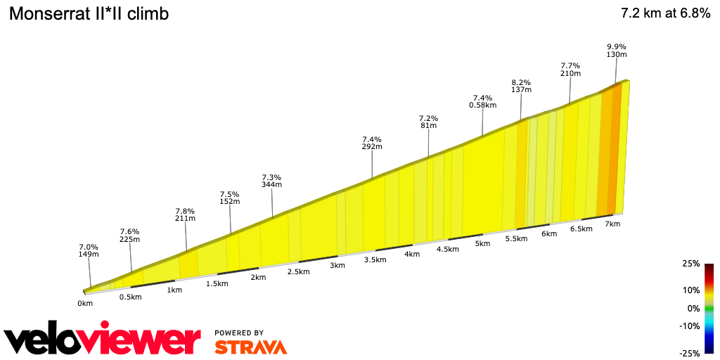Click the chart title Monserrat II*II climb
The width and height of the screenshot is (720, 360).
(x=88, y=14)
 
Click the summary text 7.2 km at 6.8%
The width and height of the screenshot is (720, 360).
(x=665, y=14)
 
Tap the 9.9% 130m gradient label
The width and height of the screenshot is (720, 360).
(x=617, y=51)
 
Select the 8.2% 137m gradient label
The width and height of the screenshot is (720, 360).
(x=521, y=86)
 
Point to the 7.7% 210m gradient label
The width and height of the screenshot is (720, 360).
(x=570, y=69)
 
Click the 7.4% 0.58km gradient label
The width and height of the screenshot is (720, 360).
(x=482, y=101)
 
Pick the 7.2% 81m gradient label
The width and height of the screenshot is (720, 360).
(x=428, y=122)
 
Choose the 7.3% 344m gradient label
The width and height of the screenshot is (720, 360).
(x=271, y=181)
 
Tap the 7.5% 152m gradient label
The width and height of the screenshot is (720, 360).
(x=230, y=198)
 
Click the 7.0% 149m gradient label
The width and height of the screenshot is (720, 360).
(x=89, y=250)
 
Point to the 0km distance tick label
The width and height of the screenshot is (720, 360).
(x=85, y=304)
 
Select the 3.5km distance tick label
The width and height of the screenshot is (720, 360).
(x=375, y=259)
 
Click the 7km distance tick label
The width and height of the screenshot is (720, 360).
(x=612, y=224)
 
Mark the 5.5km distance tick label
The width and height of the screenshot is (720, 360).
(x=516, y=238)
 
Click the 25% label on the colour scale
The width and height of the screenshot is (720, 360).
(x=690, y=264)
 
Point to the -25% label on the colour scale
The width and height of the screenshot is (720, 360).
(x=688, y=353)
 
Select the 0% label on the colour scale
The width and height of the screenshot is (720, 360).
(x=693, y=308)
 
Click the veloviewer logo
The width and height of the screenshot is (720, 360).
(x=102, y=340)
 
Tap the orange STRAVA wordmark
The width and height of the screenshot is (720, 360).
(x=250, y=347)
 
